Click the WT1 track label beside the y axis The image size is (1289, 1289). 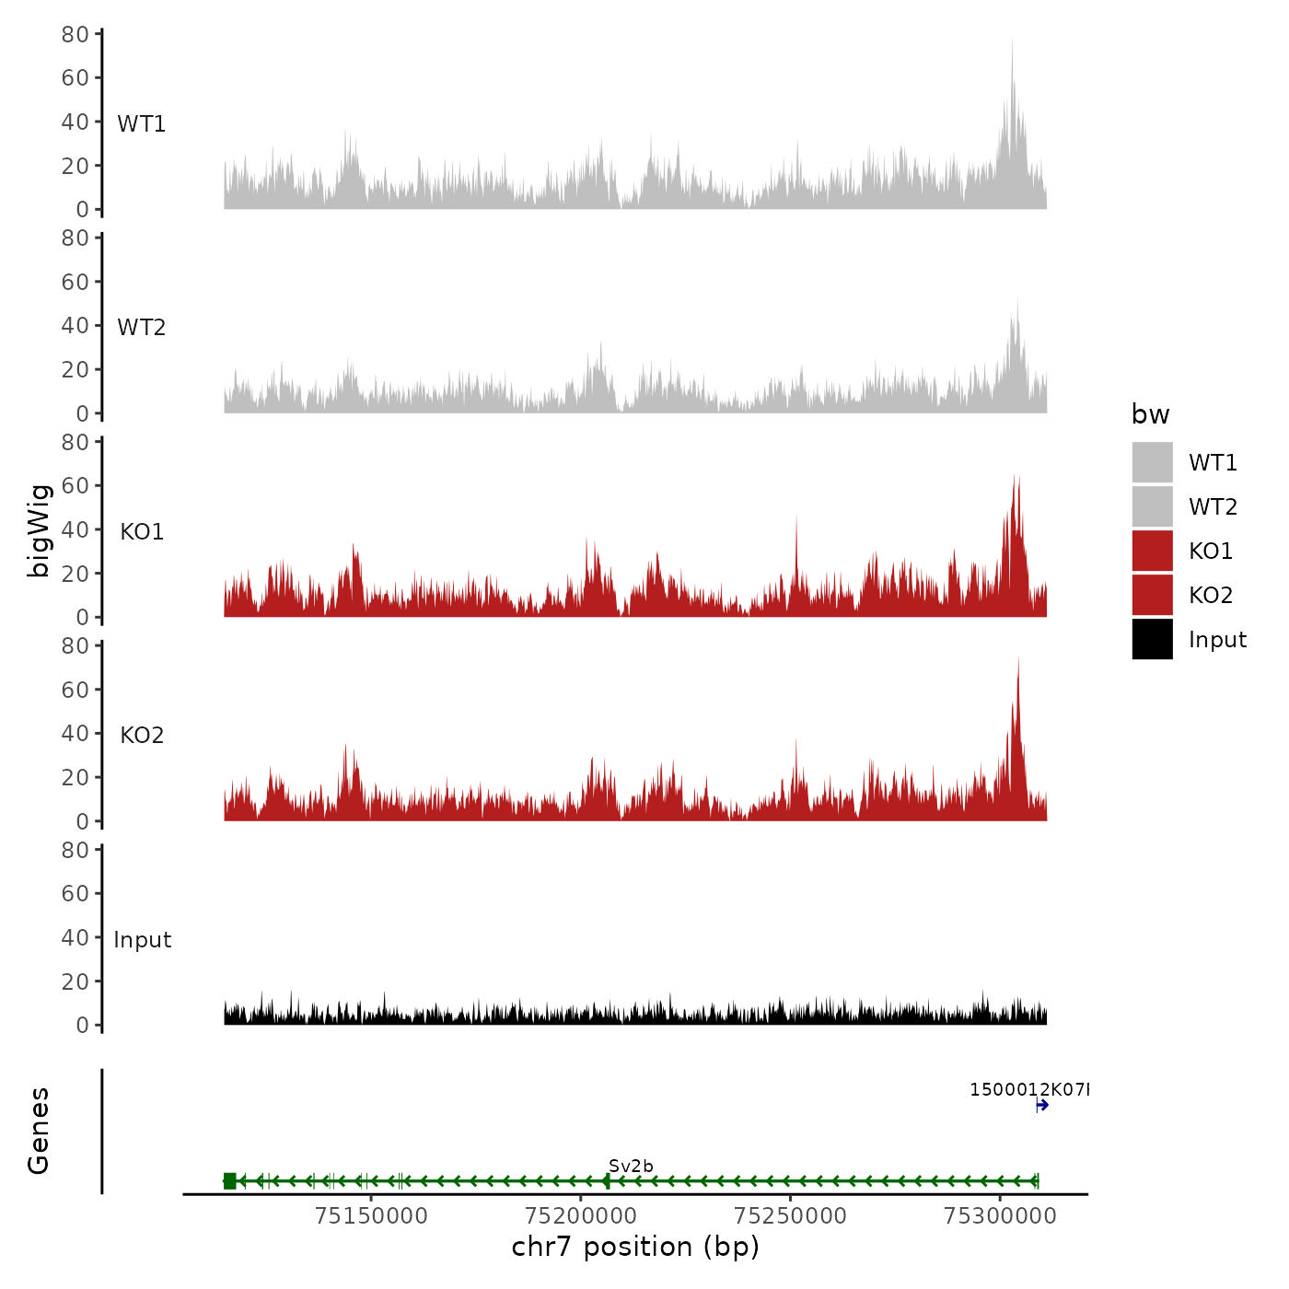pyautogui.click(x=141, y=123)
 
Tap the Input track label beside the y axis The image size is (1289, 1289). pyautogui.click(x=142, y=940)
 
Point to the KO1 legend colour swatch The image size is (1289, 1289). pyautogui.click(x=1152, y=551)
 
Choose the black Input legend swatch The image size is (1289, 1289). pyautogui.click(x=1152, y=639)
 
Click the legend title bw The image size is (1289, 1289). pyautogui.click(x=1150, y=414)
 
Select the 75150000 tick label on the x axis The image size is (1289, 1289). pyautogui.click(x=371, y=1215)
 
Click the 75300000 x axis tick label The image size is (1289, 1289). pyautogui.click(x=1000, y=1215)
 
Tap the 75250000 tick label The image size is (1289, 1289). pyautogui.click(x=790, y=1215)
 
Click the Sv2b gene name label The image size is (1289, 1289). pyautogui.click(x=631, y=1166)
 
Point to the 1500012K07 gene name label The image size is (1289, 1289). pyautogui.click(x=1028, y=1089)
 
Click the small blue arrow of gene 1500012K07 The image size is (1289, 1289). pyautogui.click(x=1042, y=1105)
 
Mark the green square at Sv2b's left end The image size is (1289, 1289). pyautogui.click(x=229, y=1180)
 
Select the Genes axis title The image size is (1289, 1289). pyautogui.click(x=39, y=1131)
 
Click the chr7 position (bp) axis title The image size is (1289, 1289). pyautogui.click(x=635, y=1247)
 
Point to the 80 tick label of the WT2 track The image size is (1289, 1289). pyautogui.click(x=75, y=238)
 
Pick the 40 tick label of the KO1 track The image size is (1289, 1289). pyautogui.click(x=75, y=529)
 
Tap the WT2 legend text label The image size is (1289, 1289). pyautogui.click(x=1213, y=506)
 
